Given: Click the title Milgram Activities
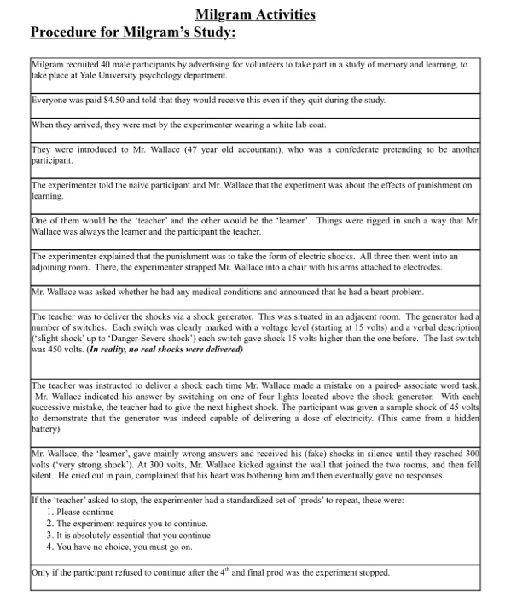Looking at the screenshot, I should pos(255,14).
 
